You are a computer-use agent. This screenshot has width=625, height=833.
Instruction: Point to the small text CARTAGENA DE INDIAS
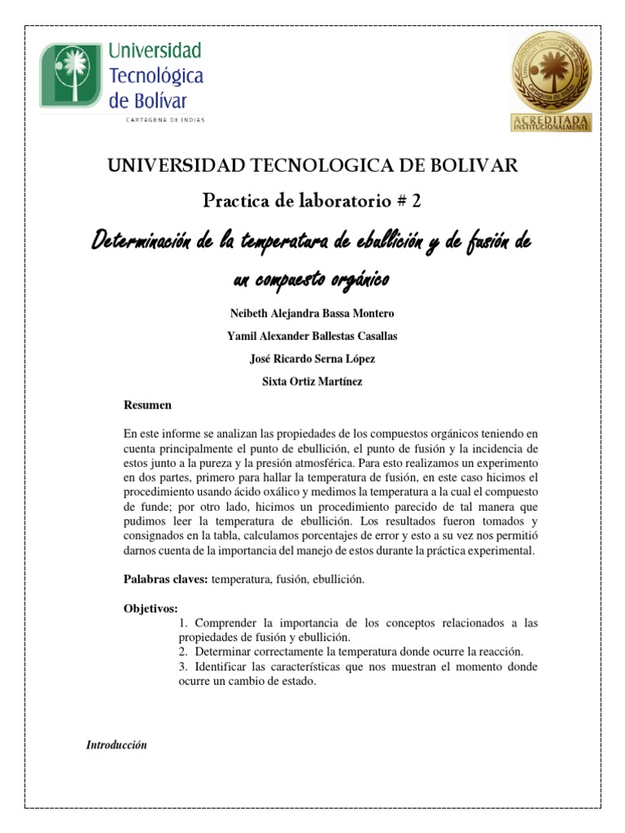point(164,120)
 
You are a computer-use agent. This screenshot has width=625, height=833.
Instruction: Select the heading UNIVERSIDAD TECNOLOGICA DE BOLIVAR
point(312,166)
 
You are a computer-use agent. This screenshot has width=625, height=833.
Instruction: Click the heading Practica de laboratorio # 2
point(312,201)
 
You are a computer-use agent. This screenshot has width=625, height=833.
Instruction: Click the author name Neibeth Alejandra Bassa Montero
point(312,313)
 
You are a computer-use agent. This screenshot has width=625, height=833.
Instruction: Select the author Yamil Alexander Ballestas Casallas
point(312,336)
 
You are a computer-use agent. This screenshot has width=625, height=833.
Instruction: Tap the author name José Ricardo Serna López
point(312,359)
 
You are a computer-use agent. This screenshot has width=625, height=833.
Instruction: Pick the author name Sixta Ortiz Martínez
point(312,382)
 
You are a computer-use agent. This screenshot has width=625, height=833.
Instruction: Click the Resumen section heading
point(147,404)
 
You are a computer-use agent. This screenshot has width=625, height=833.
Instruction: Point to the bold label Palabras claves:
point(165,579)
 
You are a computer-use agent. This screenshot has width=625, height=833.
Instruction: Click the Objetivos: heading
point(151,608)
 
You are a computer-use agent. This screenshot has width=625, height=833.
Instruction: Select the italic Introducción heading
point(116,745)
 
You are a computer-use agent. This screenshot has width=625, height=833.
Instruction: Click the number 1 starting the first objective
point(181,623)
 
